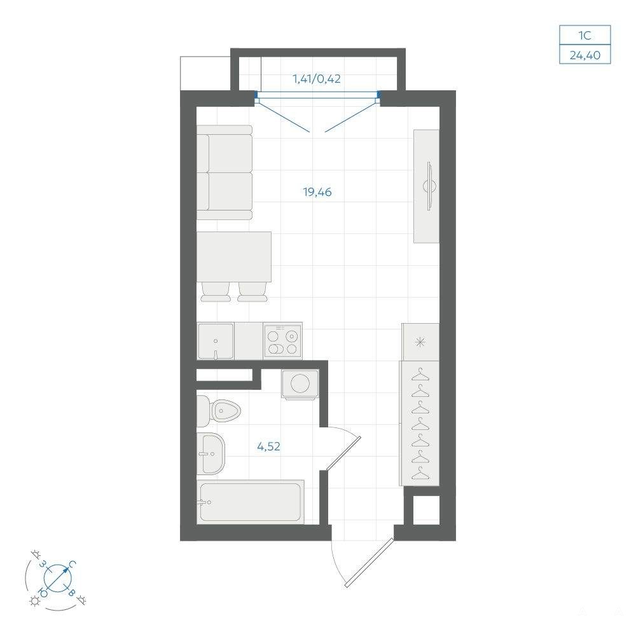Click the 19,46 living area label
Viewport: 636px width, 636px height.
317,192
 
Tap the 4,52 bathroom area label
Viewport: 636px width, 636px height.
268,446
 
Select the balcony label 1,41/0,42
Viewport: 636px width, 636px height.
317,79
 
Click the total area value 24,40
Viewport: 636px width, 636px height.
585,55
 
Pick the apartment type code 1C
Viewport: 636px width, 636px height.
585,36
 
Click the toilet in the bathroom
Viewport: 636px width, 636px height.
219,411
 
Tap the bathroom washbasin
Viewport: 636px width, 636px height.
211,453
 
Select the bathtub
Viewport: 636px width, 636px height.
250,502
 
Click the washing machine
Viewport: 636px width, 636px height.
300,384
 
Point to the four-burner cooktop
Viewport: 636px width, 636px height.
282,340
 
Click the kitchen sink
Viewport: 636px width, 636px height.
216,341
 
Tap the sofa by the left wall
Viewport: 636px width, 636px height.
225,172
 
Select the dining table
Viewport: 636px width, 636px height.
234,257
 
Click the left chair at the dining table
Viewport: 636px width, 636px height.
216,292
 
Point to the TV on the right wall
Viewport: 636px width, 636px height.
431,186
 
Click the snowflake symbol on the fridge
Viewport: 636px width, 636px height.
420,342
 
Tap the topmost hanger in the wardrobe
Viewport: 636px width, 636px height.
420,375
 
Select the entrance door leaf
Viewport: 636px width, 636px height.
370,562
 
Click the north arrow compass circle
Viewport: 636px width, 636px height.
57,577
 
